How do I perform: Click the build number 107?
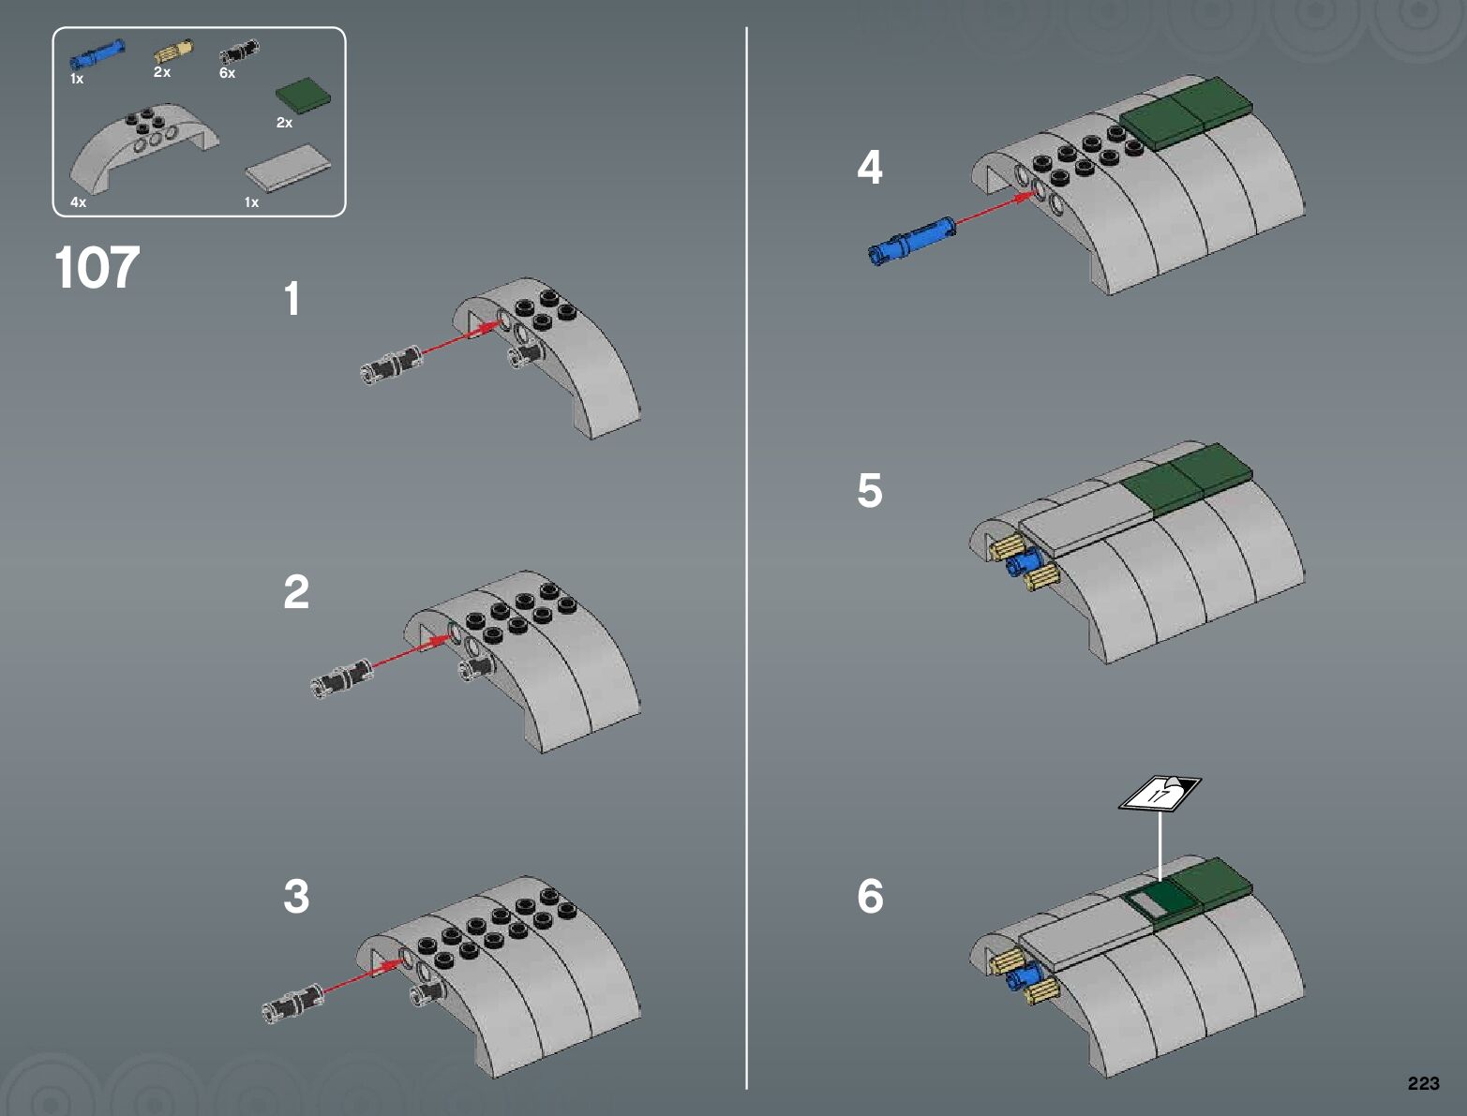[97, 268]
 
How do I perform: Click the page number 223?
[1422, 1083]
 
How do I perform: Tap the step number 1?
[292, 300]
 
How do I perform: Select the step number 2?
[296, 592]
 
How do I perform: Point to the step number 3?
[296, 896]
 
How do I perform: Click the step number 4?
[869, 168]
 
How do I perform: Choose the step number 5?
[869, 490]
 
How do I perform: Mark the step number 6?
[870, 896]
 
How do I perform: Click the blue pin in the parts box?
[97, 53]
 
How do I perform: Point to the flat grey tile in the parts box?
[288, 169]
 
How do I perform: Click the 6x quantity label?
[227, 73]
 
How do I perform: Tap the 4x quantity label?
[78, 201]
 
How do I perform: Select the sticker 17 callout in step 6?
[1160, 795]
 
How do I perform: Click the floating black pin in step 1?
[391, 365]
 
